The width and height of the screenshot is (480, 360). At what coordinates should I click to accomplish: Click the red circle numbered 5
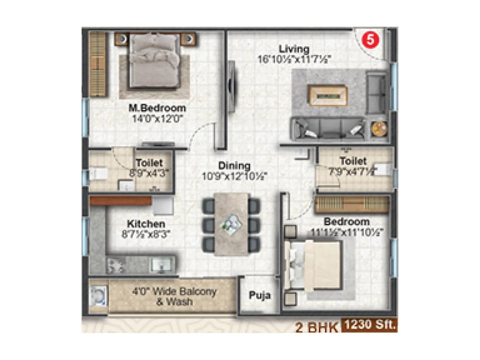(x=370, y=40)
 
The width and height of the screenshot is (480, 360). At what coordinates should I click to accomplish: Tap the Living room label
(x=294, y=49)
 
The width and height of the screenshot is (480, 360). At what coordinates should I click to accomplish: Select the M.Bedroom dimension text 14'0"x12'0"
(x=157, y=119)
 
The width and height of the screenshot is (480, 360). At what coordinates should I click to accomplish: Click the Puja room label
(x=259, y=295)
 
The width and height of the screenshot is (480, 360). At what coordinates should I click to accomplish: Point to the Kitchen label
(x=146, y=224)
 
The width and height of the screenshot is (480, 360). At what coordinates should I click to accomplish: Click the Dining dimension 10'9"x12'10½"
(x=235, y=176)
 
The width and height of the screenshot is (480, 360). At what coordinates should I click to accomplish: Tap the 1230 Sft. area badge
(x=369, y=325)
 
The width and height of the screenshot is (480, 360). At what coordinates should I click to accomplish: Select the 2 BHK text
(x=316, y=327)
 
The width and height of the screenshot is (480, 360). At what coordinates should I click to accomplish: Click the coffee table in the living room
(x=328, y=95)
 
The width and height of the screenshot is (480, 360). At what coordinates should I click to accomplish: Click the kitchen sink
(x=161, y=265)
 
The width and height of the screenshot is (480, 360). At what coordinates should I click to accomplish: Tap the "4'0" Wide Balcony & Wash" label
(x=174, y=296)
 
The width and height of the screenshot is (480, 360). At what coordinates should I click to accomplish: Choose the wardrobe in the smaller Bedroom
(x=352, y=204)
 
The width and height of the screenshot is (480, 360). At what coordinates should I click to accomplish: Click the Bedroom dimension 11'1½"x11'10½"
(x=347, y=232)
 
